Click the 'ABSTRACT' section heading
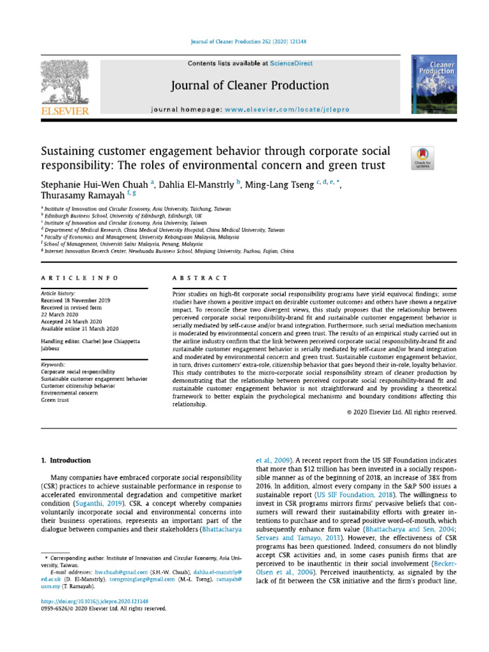[200, 278]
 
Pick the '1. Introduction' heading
[66, 460]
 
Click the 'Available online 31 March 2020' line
[80, 328]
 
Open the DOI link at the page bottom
[94, 601]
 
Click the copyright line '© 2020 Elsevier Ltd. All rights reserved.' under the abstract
[402, 412]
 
